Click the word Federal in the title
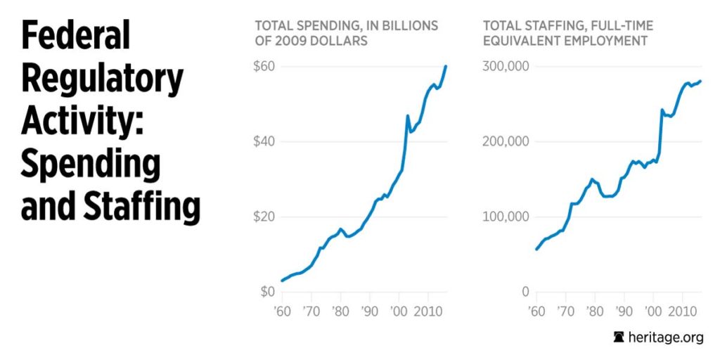[x=76, y=35]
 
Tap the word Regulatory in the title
[x=102, y=79]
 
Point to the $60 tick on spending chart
[x=265, y=67]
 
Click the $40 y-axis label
[x=265, y=141]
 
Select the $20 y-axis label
[x=265, y=217]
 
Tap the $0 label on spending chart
[x=268, y=291]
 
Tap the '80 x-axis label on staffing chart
[x=594, y=311]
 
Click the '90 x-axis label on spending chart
[x=368, y=311]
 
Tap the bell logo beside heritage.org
[x=619, y=337]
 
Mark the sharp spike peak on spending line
[x=408, y=115]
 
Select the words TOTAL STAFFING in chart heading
[x=528, y=26]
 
